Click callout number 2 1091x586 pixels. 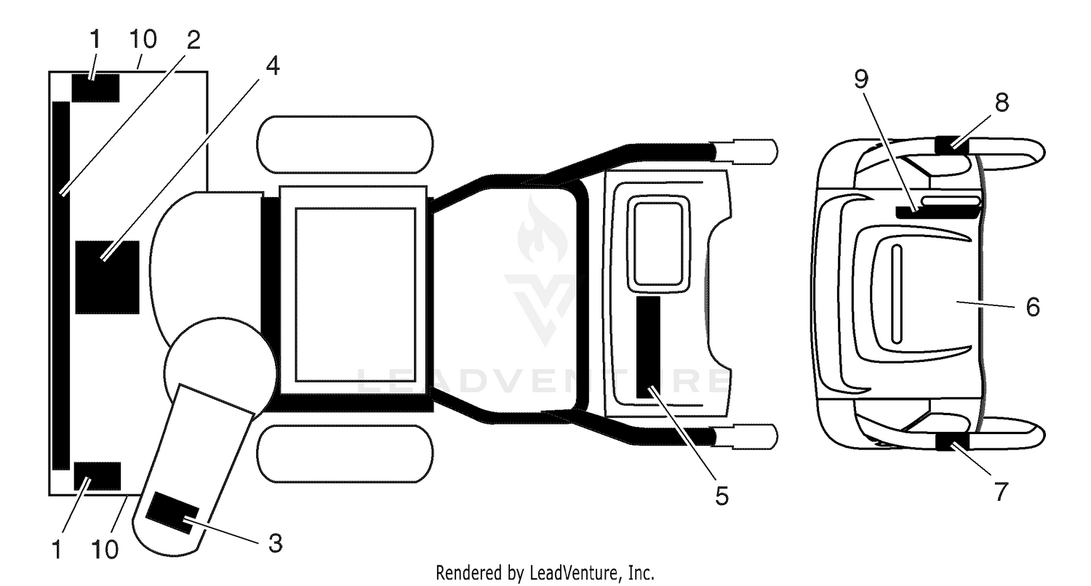[193, 40]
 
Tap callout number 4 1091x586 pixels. [273, 65]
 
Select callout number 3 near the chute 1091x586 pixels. [275, 543]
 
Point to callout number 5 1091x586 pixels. [722, 496]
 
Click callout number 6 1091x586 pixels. [1033, 307]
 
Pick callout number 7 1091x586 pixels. [1000, 491]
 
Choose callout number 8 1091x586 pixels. [1002, 103]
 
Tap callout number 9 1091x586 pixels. [861, 79]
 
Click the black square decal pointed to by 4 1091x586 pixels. [107, 278]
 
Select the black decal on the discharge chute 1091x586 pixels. [172, 513]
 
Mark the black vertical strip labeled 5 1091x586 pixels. [648, 347]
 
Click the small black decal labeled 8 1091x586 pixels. [951, 145]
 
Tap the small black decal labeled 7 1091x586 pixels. [951, 441]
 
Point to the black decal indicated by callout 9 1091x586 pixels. [938, 212]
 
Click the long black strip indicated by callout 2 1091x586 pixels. [61, 286]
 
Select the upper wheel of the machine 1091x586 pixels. [345, 145]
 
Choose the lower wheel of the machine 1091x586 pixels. [345, 454]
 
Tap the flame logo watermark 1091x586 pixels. [542, 229]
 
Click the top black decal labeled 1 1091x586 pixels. [95, 88]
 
